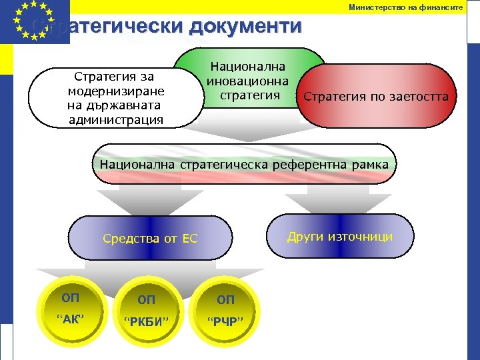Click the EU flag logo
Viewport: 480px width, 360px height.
pos(35,21)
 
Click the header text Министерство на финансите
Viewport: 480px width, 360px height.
pos(405,7)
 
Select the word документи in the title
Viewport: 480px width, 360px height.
pos(245,27)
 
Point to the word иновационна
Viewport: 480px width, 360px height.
pos(247,81)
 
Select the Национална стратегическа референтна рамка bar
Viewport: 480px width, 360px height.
pos(244,163)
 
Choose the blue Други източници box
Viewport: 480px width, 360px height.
pos(339,236)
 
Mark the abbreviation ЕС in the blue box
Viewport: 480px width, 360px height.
pos(190,239)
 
